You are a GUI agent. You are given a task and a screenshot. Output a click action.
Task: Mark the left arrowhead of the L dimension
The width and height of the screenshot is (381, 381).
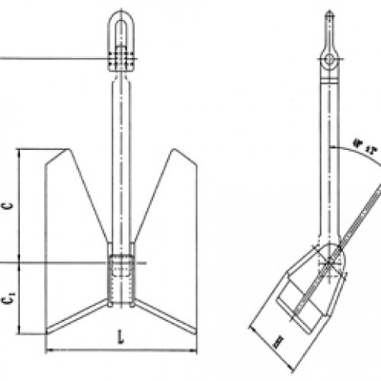pyautogui.click(x=49, y=350)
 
